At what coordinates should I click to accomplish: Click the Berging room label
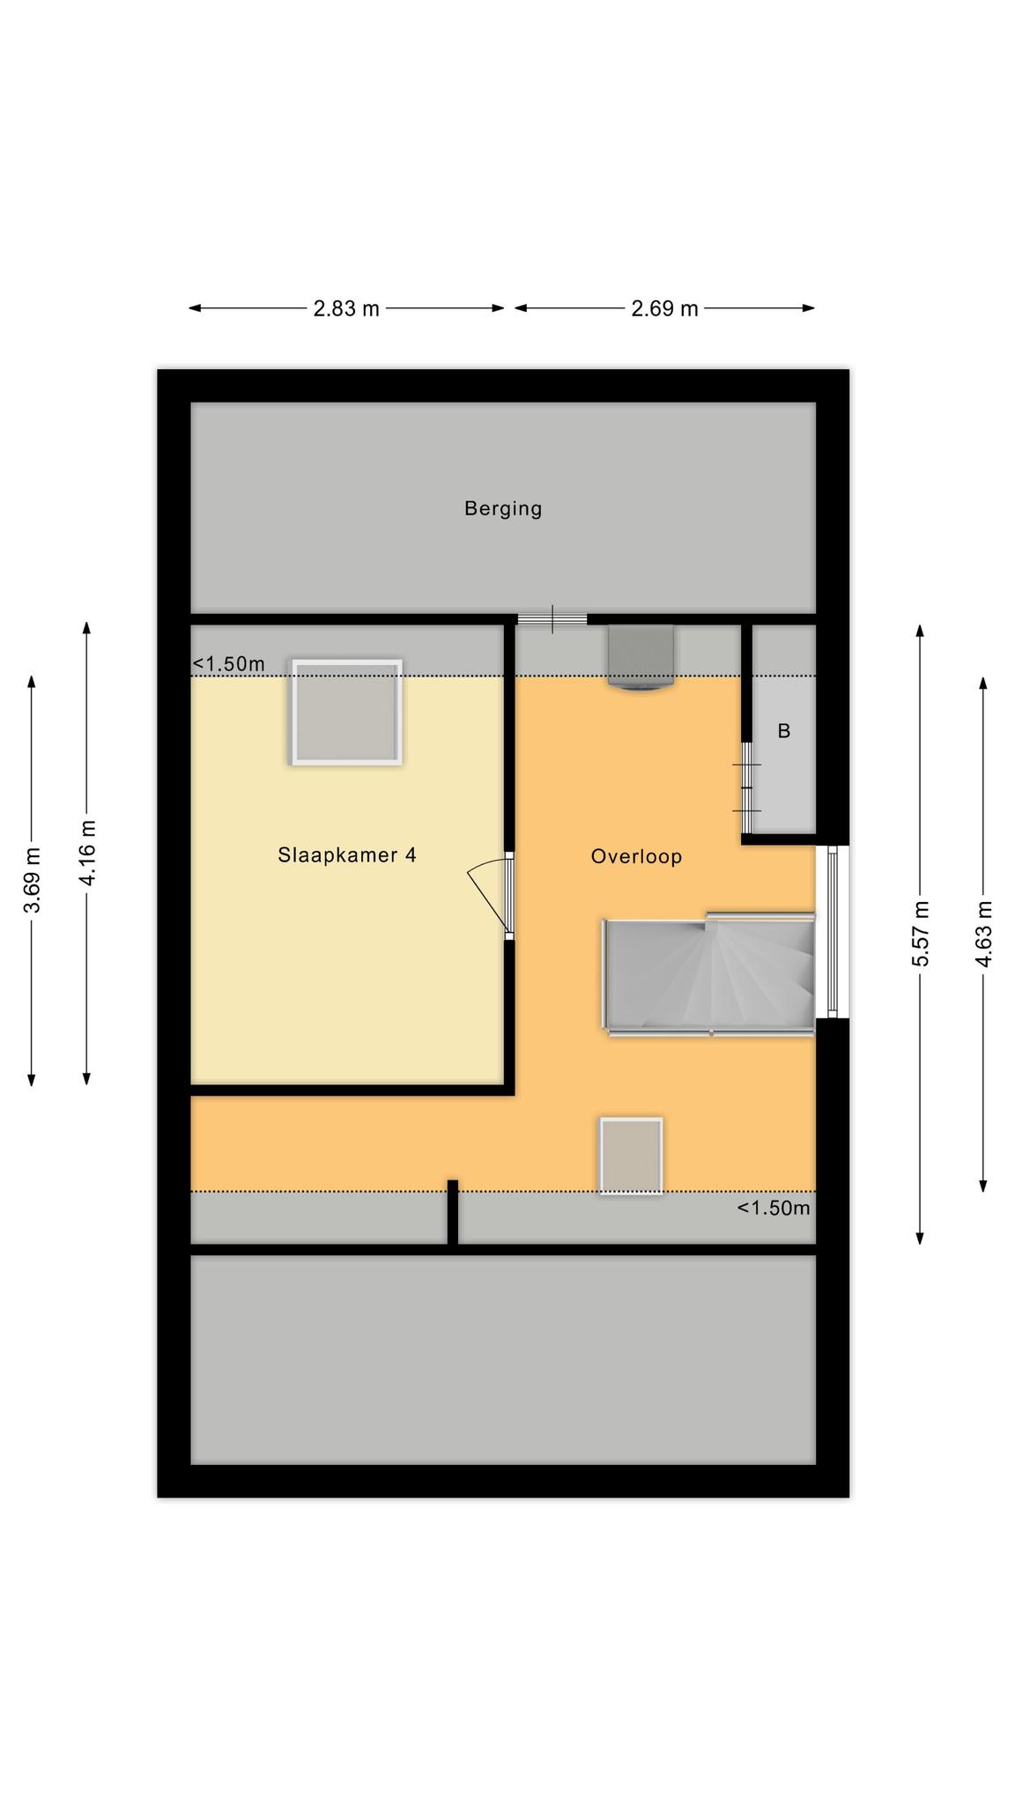click(x=503, y=508)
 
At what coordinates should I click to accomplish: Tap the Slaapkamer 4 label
click(x=347, y=854)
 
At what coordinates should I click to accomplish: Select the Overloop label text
click(x=636, y=856)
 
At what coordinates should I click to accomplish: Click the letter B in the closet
click(x=783, y=731)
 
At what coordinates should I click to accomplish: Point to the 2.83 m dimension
click(x=346, y=308)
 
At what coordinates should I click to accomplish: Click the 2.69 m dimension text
click(x=664, y=308)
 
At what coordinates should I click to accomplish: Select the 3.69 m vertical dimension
click(x=32, y=880)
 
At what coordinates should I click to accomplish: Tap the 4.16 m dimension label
click(x=87, y=853)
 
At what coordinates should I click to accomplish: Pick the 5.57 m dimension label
click(x=920, y=934)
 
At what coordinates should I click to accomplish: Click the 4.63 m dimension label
click(x=983, y=934)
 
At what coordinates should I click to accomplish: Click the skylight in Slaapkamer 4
click(x=347, y=712)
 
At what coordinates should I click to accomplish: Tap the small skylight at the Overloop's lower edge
click(x=631, y=1156)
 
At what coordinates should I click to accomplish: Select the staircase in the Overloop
click(x=708, y=973)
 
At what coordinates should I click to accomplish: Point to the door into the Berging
click(x=552, y=618)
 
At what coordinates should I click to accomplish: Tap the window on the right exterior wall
click(x=833, y=932)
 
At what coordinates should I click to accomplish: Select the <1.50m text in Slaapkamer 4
click(x=229, y=664)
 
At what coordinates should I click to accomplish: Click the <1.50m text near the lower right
click(x=774, y=1208)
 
